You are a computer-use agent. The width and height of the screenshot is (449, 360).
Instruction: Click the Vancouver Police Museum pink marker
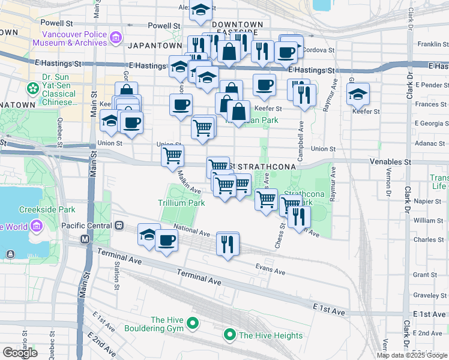(x=116, y=39)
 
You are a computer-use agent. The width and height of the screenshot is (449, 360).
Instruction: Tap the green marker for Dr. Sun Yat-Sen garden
(x=32, y=89)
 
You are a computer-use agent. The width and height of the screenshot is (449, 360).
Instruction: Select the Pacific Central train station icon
(x=119, y=226)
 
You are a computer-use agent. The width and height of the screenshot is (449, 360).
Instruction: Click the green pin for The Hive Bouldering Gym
(x=193, y=324)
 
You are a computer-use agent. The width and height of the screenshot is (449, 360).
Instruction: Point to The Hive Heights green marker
(x=229, y=335)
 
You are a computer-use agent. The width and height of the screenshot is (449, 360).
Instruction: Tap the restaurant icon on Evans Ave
(x=228, y=244)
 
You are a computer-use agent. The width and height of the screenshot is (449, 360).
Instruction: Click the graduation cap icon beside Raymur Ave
(x=358, y=94)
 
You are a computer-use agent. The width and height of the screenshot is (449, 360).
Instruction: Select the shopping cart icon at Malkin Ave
(x=173, y=155)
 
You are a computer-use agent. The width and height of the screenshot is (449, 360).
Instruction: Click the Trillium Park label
(x=181, y=203)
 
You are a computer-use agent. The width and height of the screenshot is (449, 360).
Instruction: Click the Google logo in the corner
(x=20, y=352)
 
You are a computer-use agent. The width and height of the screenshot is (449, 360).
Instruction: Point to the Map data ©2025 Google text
(x=412, y=355)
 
